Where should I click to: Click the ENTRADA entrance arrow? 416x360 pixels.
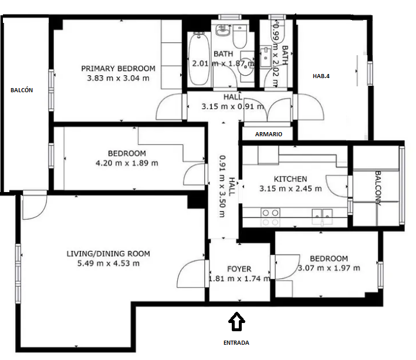[236, 321]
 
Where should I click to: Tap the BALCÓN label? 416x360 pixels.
[22, 90]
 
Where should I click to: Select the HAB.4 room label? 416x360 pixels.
[321, 76]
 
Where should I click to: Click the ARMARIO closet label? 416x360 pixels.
[269, 134]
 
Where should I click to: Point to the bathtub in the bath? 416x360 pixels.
[199, 59]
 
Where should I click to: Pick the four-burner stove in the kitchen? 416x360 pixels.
[270, 217]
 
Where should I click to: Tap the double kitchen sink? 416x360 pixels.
[322, 216]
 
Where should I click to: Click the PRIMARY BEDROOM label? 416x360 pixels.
[118, 69]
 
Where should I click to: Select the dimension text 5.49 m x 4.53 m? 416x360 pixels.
[108, 263]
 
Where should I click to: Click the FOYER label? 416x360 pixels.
[239, 269]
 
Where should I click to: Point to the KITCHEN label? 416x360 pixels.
[290, 179]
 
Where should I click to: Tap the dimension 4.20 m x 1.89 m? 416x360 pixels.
[127, 163]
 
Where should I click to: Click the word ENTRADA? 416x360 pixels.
[236, 343]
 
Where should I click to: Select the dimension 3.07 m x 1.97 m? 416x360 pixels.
[329, 268]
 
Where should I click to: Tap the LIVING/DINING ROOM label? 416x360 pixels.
[108, 254]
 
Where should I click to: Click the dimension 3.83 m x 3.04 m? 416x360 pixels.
[118, 78]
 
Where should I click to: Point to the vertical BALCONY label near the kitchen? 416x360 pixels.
[378, 189]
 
